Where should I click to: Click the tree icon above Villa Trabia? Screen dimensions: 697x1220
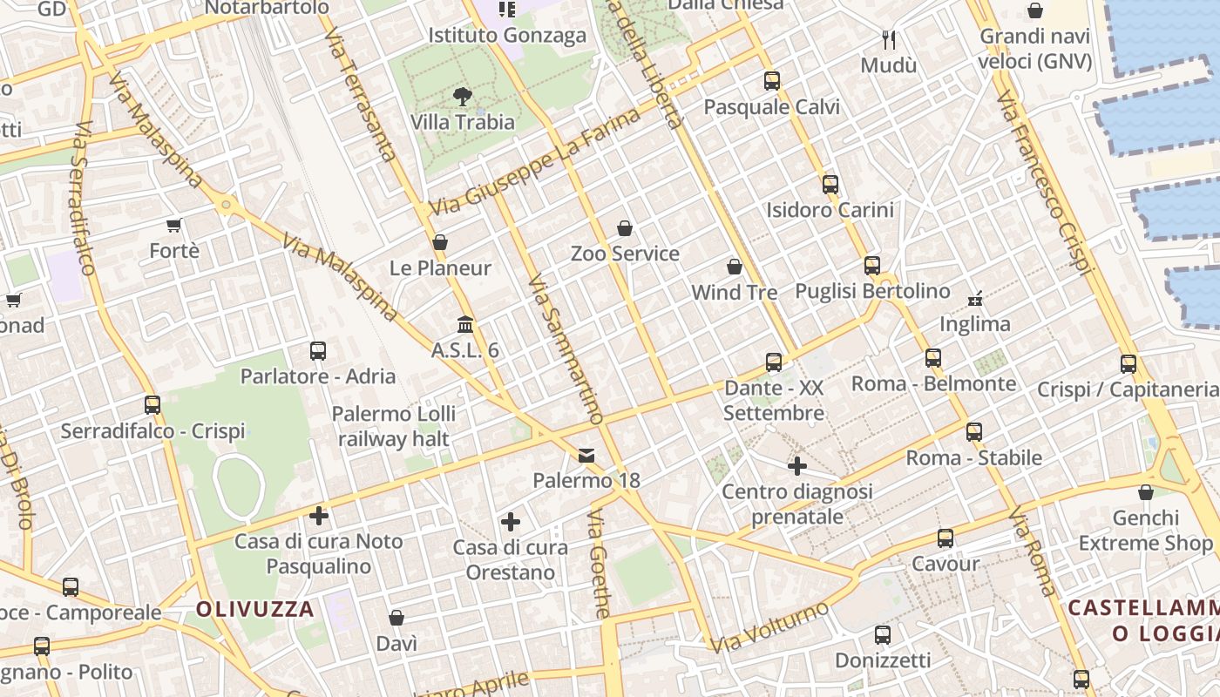[x=463, y=97]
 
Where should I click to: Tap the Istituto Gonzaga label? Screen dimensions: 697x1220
[x=507, y=36]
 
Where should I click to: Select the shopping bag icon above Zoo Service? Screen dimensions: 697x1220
[x=625, y=228]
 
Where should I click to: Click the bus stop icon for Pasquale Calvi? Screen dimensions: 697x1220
[x=772, y=81]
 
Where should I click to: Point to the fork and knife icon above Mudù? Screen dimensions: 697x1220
[x=889, y=39]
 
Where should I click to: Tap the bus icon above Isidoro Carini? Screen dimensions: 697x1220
[x=830, y=184]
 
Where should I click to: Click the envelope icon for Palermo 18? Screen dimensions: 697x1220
[x=586, y=455]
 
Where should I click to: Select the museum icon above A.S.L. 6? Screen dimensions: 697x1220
[x=465, y=324]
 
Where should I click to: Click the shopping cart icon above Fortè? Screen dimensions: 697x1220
[x=174, y=226]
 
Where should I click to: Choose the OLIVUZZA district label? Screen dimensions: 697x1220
[x=254, y=609]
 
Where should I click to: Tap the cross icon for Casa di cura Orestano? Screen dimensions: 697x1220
[x=511, y=522]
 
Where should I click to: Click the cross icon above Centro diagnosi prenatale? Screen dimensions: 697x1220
[x=797, y=466]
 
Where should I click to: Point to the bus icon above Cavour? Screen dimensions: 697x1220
[x=945, y=538]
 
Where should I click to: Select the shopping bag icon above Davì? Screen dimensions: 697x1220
[x=396, y=618]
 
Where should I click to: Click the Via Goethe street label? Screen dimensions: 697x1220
[x=599, y=564]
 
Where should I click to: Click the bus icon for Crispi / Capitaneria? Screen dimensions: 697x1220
[x=1128, y=364]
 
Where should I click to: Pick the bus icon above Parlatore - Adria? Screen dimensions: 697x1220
[x=318, y=351]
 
